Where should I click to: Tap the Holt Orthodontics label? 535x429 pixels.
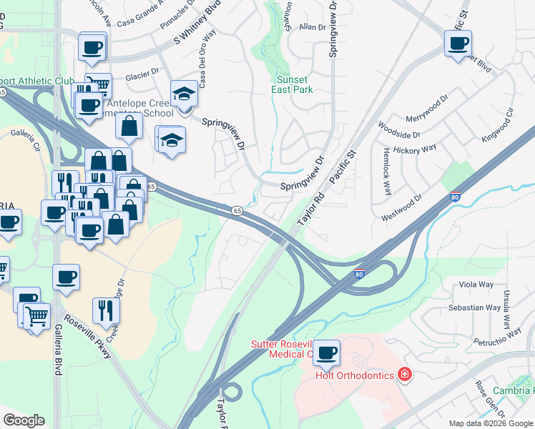(x=355, y=375)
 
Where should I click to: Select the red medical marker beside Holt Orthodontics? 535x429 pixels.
(x=405, y=375)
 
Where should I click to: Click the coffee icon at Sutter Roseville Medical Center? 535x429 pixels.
(x=326, y=352)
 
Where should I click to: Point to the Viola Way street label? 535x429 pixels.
(x=476, y=285)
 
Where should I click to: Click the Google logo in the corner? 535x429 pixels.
(x=24, y=420)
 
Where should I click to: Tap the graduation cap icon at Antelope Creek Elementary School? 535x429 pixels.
(x=184, y=94)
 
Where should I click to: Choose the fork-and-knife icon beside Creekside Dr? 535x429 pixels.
(x=106, y=310)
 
